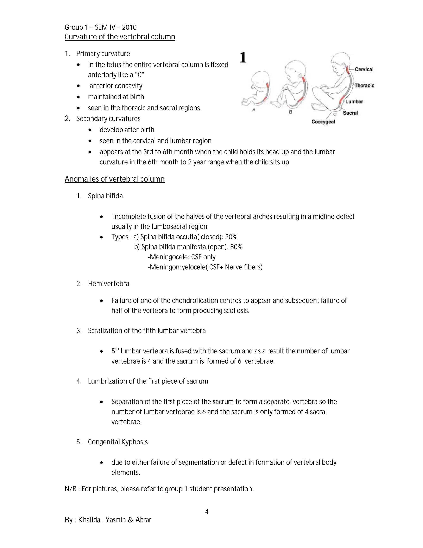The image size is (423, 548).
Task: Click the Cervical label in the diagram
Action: (364, 69)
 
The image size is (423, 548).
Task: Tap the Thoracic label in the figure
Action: (364, 86)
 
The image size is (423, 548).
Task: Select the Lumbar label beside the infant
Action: (354, 102)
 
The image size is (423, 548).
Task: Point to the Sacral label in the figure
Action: (350, 113)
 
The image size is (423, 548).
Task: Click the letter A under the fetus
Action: (254, 110)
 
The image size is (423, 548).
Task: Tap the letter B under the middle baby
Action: (290, 112)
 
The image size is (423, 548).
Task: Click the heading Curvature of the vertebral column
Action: (120, 37)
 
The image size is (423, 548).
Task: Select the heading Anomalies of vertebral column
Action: (114, 179)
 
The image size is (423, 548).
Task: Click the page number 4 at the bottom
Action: (207, 511)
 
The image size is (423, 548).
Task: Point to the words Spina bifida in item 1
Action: (105, 196)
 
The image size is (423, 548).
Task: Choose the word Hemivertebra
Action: (108, 284)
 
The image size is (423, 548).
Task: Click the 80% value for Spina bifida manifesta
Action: (236, 247)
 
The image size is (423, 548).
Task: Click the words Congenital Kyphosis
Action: (118, 442)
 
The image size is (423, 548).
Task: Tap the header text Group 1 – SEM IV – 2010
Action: (101, 27)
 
